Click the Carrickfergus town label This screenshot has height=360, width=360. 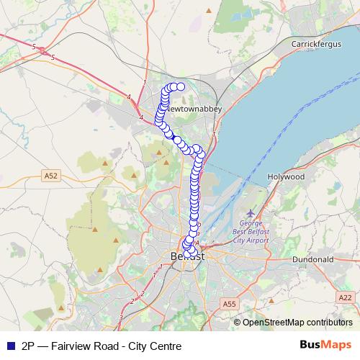[x=315, y=44]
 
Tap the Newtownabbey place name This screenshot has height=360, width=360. [x=192, y=108]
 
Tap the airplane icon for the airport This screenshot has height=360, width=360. [x=250, y=213]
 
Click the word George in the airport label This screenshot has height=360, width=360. [x=246, y=224]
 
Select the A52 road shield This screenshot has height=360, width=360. [x=50, y=175]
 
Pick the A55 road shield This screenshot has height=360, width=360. [x=230, y=305]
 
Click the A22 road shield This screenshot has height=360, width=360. [x=345, y=297]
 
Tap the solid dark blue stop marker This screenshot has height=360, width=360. [x=176, y=139]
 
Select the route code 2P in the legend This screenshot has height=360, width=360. [x=29, y=346]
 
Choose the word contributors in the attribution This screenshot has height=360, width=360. [x=330, y=323]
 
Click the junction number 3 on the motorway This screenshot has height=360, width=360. [x=121, y=317]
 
